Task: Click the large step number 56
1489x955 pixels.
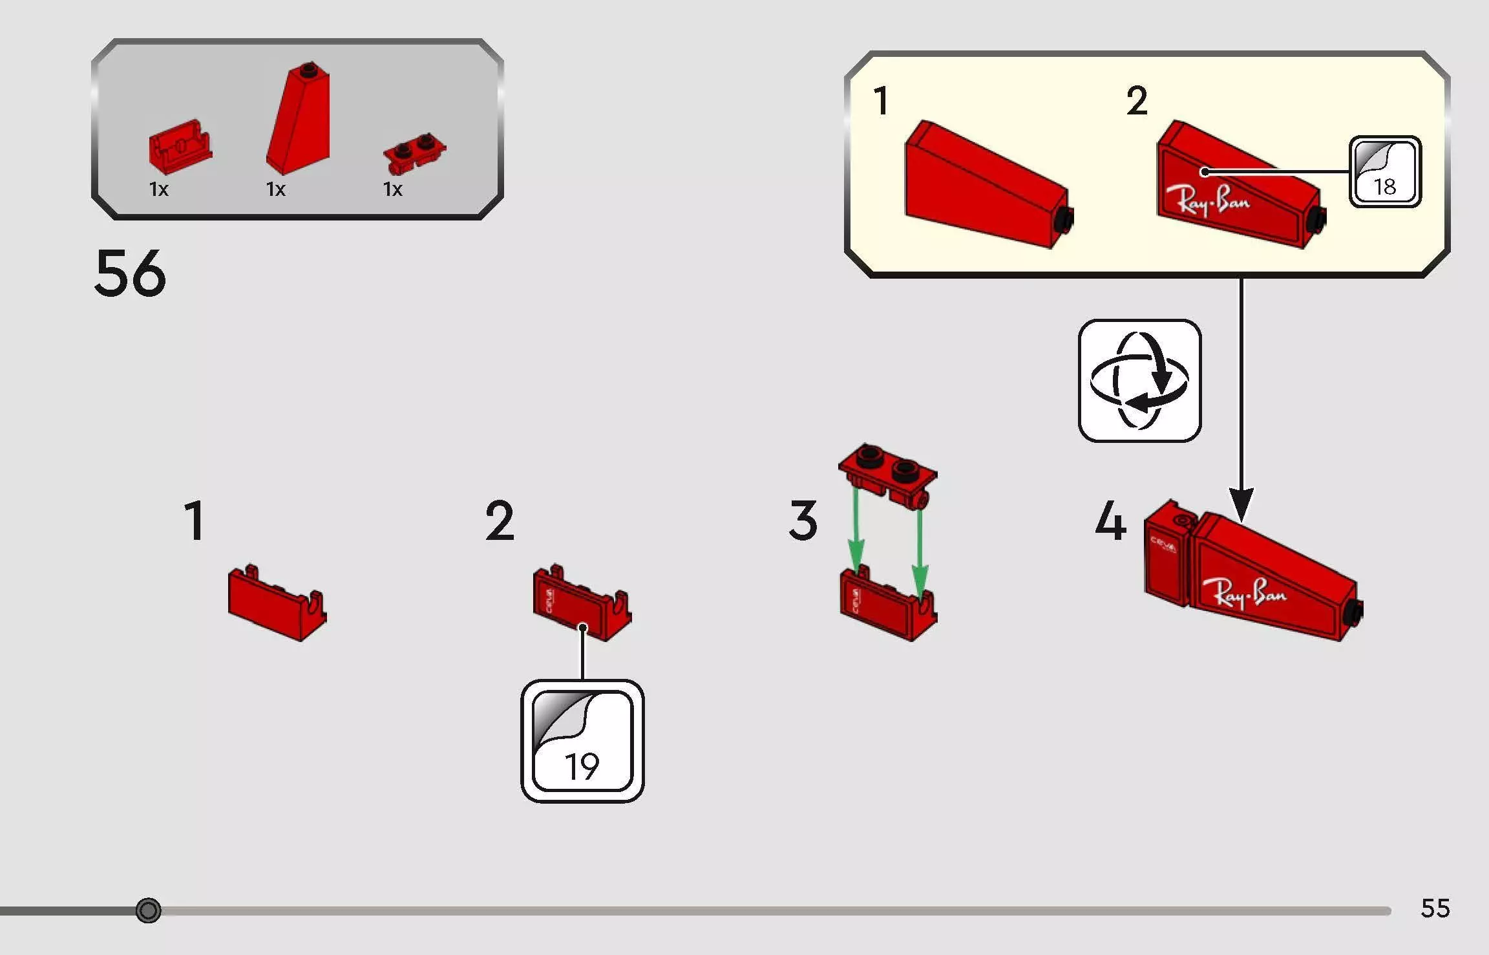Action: (x=130, y=274)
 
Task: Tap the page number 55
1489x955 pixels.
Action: (x=1435, y=908)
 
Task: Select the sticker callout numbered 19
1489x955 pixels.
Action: (x=582, y=741)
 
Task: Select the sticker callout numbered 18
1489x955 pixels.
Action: (x=1384, y=172)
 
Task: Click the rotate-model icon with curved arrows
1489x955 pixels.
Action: (x=1139, y=380)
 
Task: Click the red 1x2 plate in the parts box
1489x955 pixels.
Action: (x=414, y=153)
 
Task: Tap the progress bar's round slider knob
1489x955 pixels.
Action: (x=149, y=910)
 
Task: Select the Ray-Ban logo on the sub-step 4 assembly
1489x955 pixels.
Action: (x=1243, y=594)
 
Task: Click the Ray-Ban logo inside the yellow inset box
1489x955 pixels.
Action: (x=1207, y=200)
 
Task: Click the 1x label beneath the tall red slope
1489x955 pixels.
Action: (x=276, y=189)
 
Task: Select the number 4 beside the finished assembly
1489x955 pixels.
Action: (x=1110, y=520)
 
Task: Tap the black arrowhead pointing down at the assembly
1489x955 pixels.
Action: (x=1241, y=505)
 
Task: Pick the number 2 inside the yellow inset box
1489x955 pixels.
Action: (x=1137, y=101)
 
